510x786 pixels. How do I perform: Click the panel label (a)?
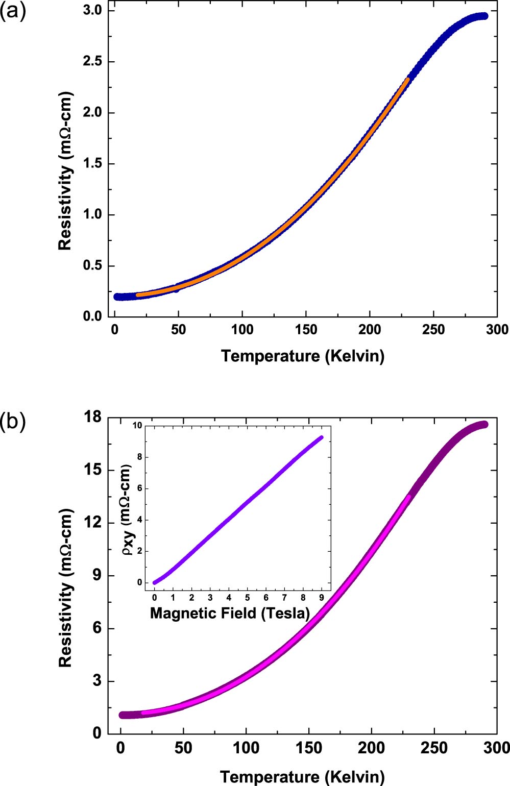tap(13, 11)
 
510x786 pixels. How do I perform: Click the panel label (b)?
tap(13, 423)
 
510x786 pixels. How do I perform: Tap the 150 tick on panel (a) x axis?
tap(306, 330)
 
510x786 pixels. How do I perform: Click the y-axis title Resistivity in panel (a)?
tap(65, 171)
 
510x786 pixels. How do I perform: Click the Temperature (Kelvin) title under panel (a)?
tap(302, 356)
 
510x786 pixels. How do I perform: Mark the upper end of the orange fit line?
tap(407, 79)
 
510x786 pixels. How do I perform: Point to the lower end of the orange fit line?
tap(137, 295)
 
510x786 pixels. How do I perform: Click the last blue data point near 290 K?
tap(484, 16)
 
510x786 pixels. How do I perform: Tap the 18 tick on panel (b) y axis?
tap(93, 417)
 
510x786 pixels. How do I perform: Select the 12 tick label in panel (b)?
tap(93, 523)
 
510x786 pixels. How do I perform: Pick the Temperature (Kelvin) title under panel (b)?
tap(302, 776)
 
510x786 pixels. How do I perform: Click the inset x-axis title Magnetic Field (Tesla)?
tap(230, 612)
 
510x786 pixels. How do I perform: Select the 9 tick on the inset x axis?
tap(322, 597)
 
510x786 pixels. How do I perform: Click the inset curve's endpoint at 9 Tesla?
tap(321, 437)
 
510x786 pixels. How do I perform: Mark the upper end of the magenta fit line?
tap(408, 496)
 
